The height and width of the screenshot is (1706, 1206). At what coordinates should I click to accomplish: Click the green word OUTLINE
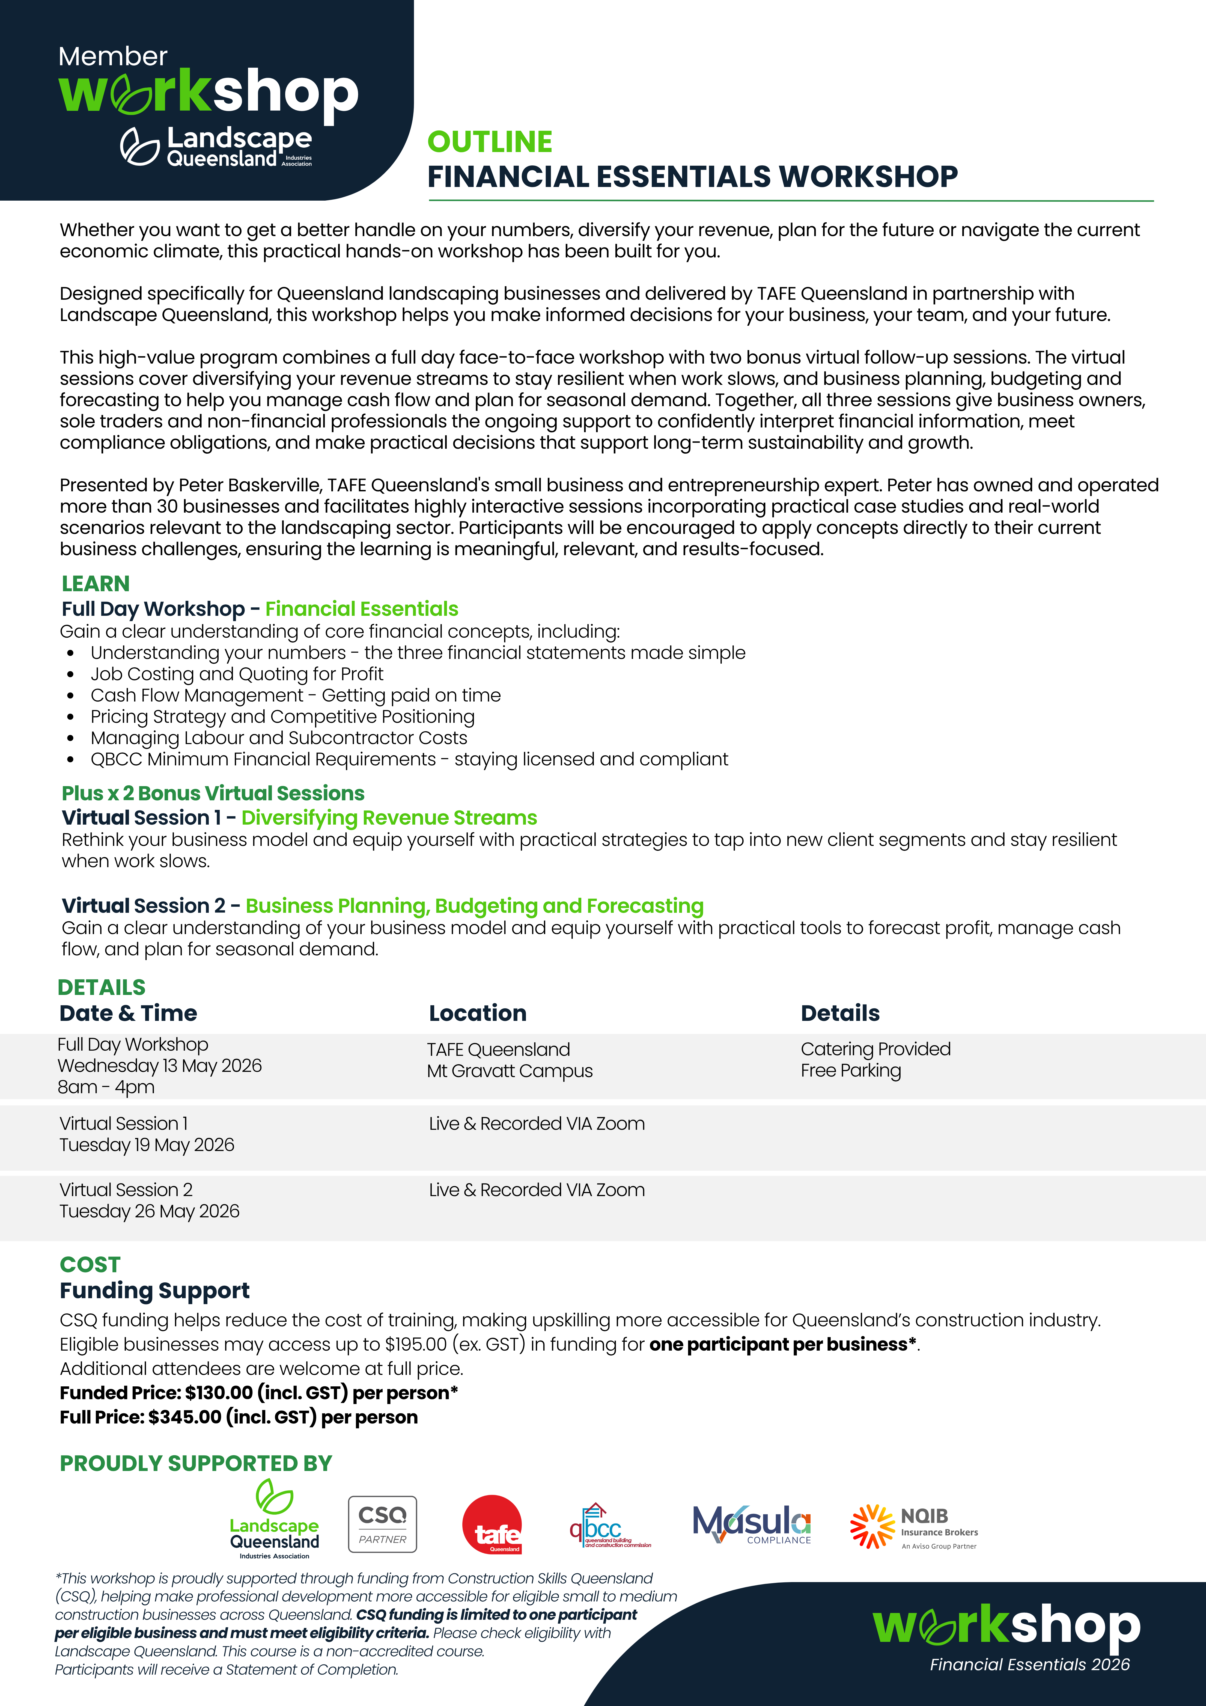pos(490,142)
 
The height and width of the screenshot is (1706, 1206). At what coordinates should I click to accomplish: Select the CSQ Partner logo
pos(383,1524)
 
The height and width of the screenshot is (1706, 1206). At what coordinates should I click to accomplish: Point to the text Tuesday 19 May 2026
pos(147,1145)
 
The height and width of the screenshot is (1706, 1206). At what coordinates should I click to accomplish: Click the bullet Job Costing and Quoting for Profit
pos(237,674)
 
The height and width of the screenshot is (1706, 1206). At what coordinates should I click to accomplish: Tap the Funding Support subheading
pos(154,1291)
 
